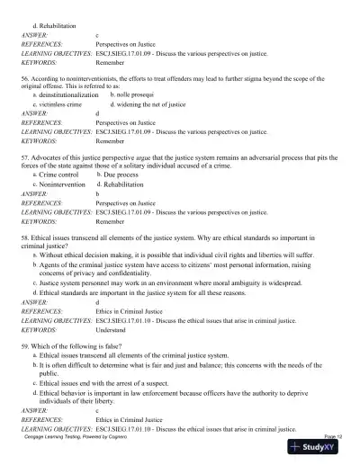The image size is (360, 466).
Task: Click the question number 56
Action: click(x=27, y=79)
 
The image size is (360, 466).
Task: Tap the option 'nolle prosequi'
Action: click(x=136, y=94)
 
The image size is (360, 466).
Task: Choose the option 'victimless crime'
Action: click(x=60, y=104)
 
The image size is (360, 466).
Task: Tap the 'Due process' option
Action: click(x=127, y=174)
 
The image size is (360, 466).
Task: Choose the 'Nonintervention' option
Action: click(x=67, y=184)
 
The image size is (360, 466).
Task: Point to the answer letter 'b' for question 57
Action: click(x=97, y=193)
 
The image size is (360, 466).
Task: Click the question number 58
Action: click(x=27, y=234)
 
